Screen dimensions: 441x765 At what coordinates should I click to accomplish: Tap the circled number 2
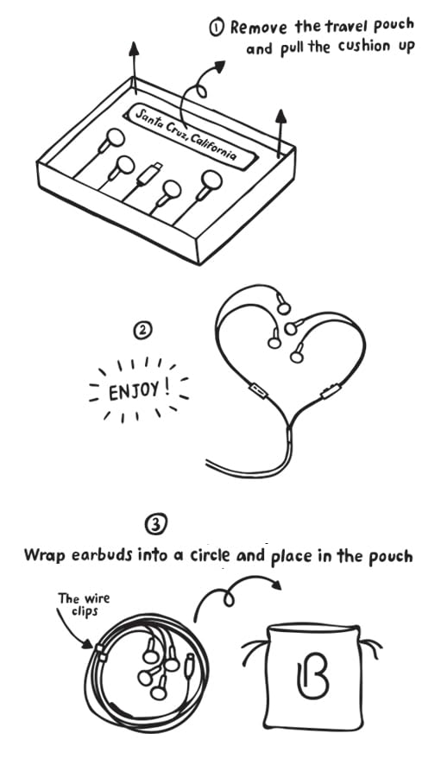click(x=142, y=331)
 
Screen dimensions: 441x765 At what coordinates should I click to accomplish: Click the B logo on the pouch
click(x=312, y=676)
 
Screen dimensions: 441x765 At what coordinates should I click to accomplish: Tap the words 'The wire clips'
click(x=84, y=604)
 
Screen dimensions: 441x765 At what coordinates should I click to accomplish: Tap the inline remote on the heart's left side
click(x=256, y=390)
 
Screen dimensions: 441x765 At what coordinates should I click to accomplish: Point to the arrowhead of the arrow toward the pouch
click(x=276, y=584)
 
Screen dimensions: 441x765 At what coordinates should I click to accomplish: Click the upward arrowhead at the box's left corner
click(x=134, y=47)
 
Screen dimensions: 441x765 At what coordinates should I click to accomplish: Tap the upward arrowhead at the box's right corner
click(x=280, y=116)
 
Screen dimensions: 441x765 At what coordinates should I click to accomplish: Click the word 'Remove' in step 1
click(x=259, y=27)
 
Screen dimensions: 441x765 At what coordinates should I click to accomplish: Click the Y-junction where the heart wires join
click(x=289, y=429)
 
